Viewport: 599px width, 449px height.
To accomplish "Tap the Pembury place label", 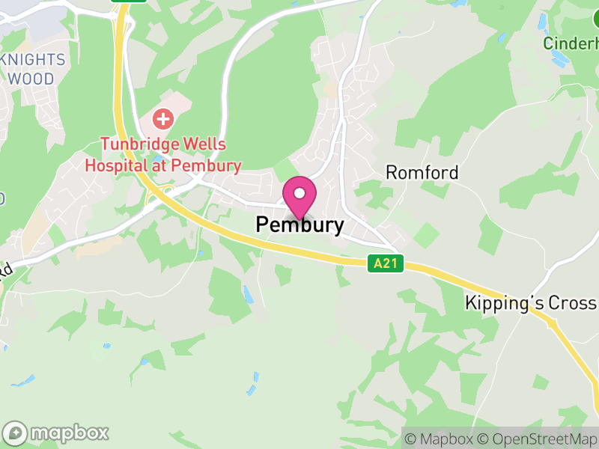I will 300,224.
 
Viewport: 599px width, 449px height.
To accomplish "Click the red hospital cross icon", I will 162,118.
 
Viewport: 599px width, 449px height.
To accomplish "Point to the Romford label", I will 422,173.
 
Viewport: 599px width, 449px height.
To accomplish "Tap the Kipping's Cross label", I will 530,303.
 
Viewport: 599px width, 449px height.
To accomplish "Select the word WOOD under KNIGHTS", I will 31,79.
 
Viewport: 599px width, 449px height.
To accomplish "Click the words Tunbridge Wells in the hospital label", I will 164,145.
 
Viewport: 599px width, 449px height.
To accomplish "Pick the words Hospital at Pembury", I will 162,165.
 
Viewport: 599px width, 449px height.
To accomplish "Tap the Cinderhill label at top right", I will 571,43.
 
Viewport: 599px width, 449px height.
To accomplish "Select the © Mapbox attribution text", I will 442,439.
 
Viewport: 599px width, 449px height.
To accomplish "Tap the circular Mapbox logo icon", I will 16,433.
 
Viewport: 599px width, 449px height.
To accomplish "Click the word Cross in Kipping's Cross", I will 573,303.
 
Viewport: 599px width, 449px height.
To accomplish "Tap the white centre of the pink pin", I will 299,194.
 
